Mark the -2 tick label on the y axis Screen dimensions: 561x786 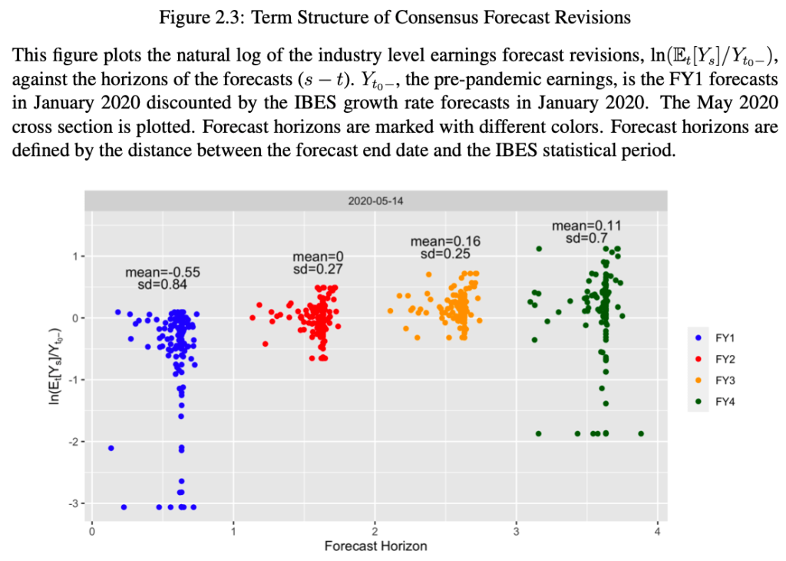tap(73, 442)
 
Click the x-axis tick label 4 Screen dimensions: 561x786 tap(658, 531)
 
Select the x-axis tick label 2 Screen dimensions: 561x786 tap(375, 531)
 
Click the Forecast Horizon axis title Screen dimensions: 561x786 tap(375, 546)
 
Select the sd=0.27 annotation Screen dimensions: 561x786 tap(318, 270)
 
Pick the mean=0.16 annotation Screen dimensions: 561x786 tap(445, 241)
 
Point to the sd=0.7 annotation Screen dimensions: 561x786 tap(586, 238)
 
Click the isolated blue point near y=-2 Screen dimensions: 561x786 tap(111, 448)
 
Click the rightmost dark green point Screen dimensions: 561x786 tap(641, 433)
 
